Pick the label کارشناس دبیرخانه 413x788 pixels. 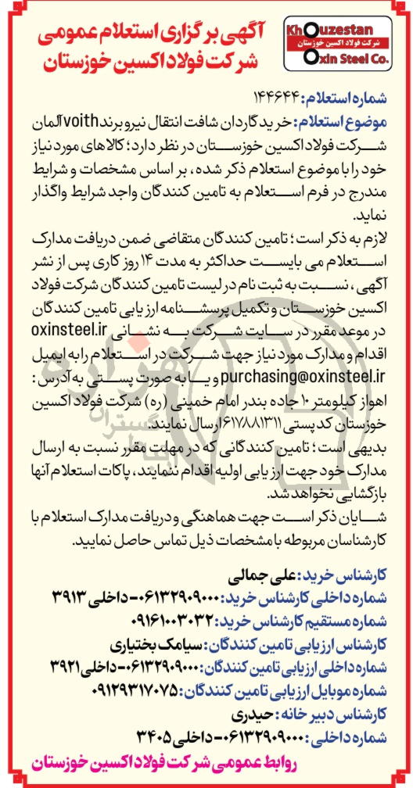(338, 714)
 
